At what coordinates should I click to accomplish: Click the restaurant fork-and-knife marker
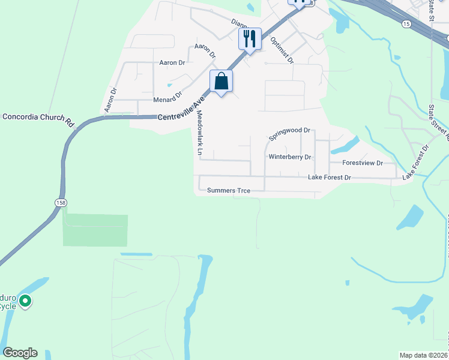(250, 39)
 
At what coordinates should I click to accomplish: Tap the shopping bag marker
(221, 80)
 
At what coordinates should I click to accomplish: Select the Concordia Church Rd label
(37, 118)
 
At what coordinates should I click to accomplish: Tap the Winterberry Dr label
(289, 157)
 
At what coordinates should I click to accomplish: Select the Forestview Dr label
(362, 163)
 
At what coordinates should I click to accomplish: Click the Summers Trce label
(228, 191)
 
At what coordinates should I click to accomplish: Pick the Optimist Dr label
(282, 50)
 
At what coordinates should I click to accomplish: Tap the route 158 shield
(61, 203)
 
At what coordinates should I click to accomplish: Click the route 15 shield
(407, 23)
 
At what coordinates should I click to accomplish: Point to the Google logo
(20, 353)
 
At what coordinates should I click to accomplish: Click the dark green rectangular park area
(95, 230)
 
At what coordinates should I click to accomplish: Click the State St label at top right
(431, 9)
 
